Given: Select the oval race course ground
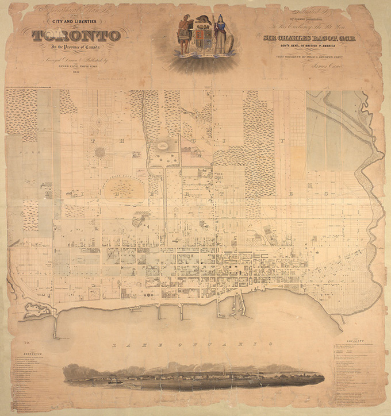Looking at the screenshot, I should (124, 186).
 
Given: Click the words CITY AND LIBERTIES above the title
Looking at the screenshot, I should (76, 22).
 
